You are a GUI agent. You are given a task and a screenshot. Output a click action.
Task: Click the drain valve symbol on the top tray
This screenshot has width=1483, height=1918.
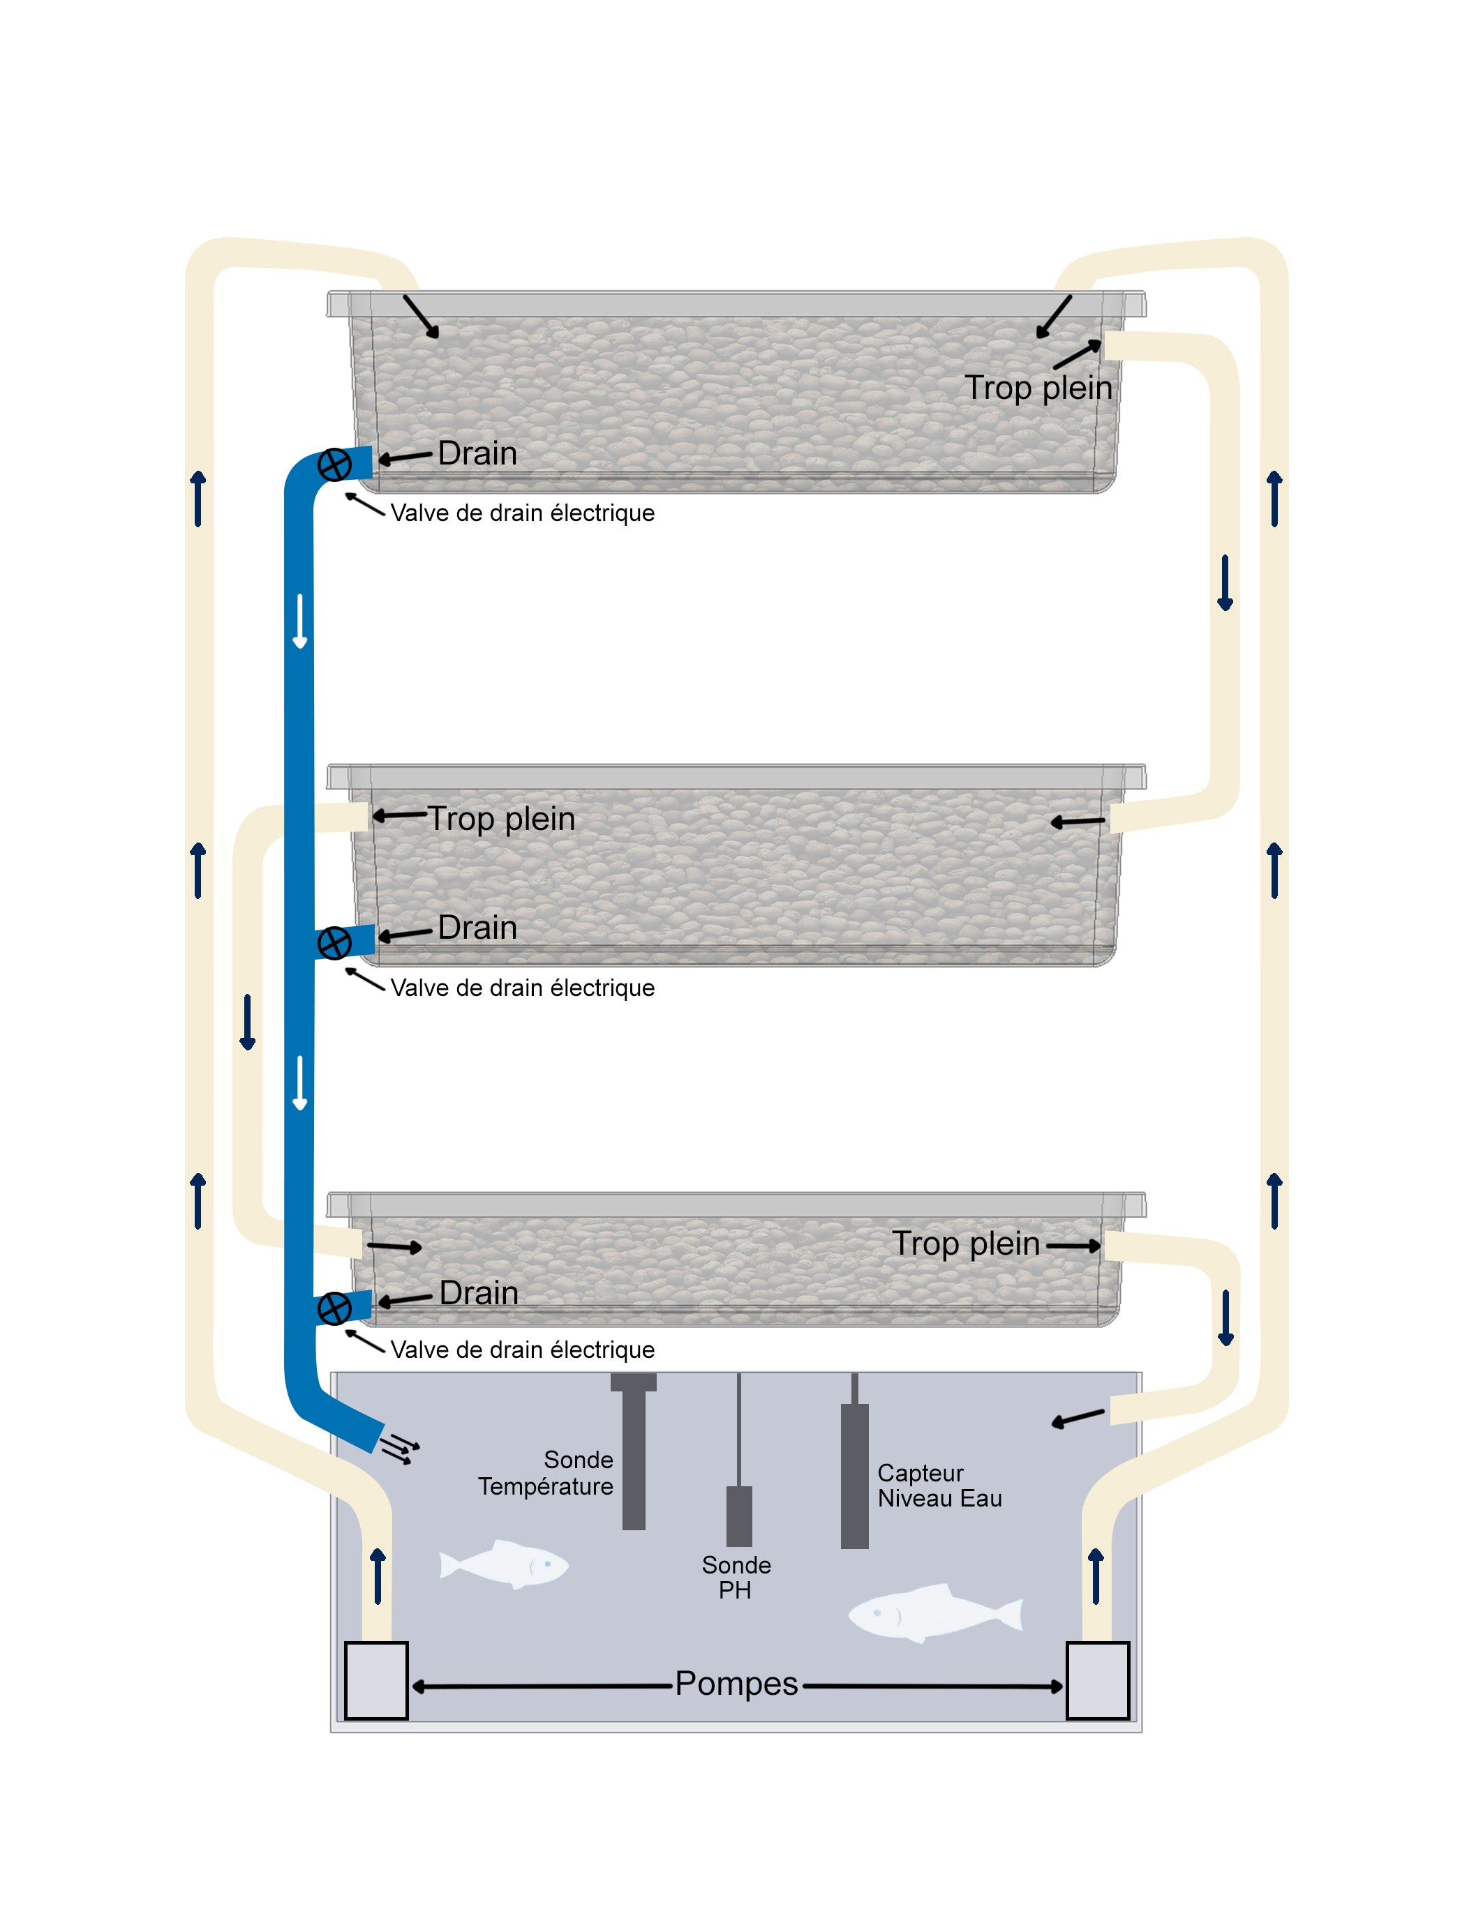point(334,465)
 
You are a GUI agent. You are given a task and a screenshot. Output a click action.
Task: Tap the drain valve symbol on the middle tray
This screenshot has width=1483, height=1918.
point(334,943)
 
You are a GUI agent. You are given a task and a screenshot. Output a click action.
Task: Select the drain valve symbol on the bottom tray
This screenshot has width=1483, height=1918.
point(334,1308)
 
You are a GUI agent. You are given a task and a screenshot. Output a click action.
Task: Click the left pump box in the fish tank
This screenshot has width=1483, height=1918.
point(376,1680)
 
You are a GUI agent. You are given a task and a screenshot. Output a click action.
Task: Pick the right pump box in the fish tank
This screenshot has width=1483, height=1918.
point(1097,1680)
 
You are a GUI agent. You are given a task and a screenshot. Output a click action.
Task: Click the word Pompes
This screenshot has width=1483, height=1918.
point(736,1684)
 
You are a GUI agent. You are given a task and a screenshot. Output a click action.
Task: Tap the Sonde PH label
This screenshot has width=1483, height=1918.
point(736,1577)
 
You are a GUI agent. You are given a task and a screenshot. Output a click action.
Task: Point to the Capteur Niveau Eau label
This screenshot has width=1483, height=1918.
point(939,1485)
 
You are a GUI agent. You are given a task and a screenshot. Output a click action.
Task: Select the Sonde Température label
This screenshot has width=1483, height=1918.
point(546,1473)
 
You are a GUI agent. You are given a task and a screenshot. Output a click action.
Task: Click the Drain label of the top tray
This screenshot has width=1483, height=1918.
point(477,453)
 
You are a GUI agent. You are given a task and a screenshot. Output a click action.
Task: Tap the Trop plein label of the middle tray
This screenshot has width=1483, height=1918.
point(501,819)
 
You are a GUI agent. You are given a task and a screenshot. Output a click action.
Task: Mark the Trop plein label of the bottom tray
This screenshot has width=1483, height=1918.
point(966,1244)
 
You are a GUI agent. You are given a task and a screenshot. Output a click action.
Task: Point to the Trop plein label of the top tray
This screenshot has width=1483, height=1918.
point(1038,387)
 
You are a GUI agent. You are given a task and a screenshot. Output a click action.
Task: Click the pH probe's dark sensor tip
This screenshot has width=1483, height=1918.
point(739,1516)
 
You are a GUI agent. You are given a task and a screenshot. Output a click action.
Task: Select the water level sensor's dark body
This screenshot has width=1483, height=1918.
point(854,1475)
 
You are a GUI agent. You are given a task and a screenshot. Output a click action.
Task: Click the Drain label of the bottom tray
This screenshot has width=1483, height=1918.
point(479,1292)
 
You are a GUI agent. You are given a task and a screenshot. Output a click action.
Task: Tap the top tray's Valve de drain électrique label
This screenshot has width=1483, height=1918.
point(523,513)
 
